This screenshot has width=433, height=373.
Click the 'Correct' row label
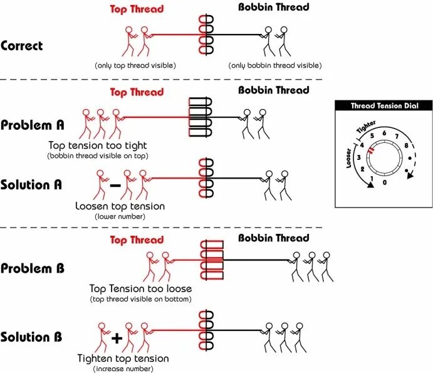22,46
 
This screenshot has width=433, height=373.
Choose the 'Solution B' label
31,337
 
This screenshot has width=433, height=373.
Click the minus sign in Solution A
115,186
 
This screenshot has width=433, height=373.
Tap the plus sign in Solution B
117,339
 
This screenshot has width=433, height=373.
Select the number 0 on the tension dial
385,182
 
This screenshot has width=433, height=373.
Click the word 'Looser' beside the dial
349,158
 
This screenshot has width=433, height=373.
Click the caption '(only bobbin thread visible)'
275,65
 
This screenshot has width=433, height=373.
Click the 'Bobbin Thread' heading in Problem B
274,238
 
